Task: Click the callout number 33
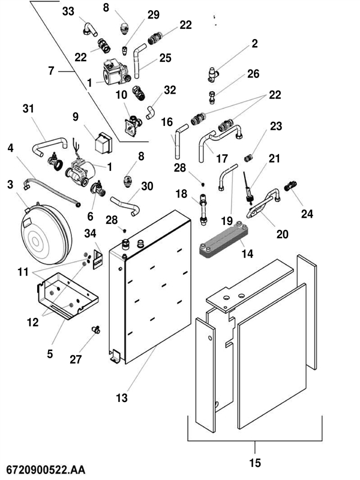click(x=68, y=11)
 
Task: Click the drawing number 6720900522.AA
click(x=46, y=467)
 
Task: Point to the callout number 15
click(x=256, y=463)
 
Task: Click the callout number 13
click(x=122, y=397)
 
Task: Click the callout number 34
click(x=91, y=233)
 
